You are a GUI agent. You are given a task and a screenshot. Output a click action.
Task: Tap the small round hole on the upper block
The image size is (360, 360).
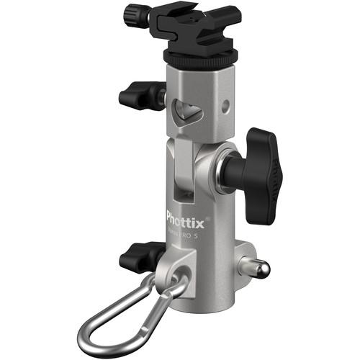pyautogui.click(x=226, y=106)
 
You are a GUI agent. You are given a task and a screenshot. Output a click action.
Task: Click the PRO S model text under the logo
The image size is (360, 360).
pyautogui.click(x=186, y=233)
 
